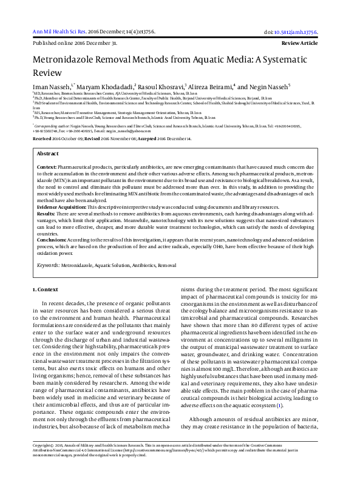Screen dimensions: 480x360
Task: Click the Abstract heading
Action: (x=48, y=154)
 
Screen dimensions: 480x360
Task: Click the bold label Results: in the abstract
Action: (x=46, y=214)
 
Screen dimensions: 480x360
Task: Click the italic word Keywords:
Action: (x=48, y=266)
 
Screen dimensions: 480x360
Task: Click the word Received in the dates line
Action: (x=42, y=138)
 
